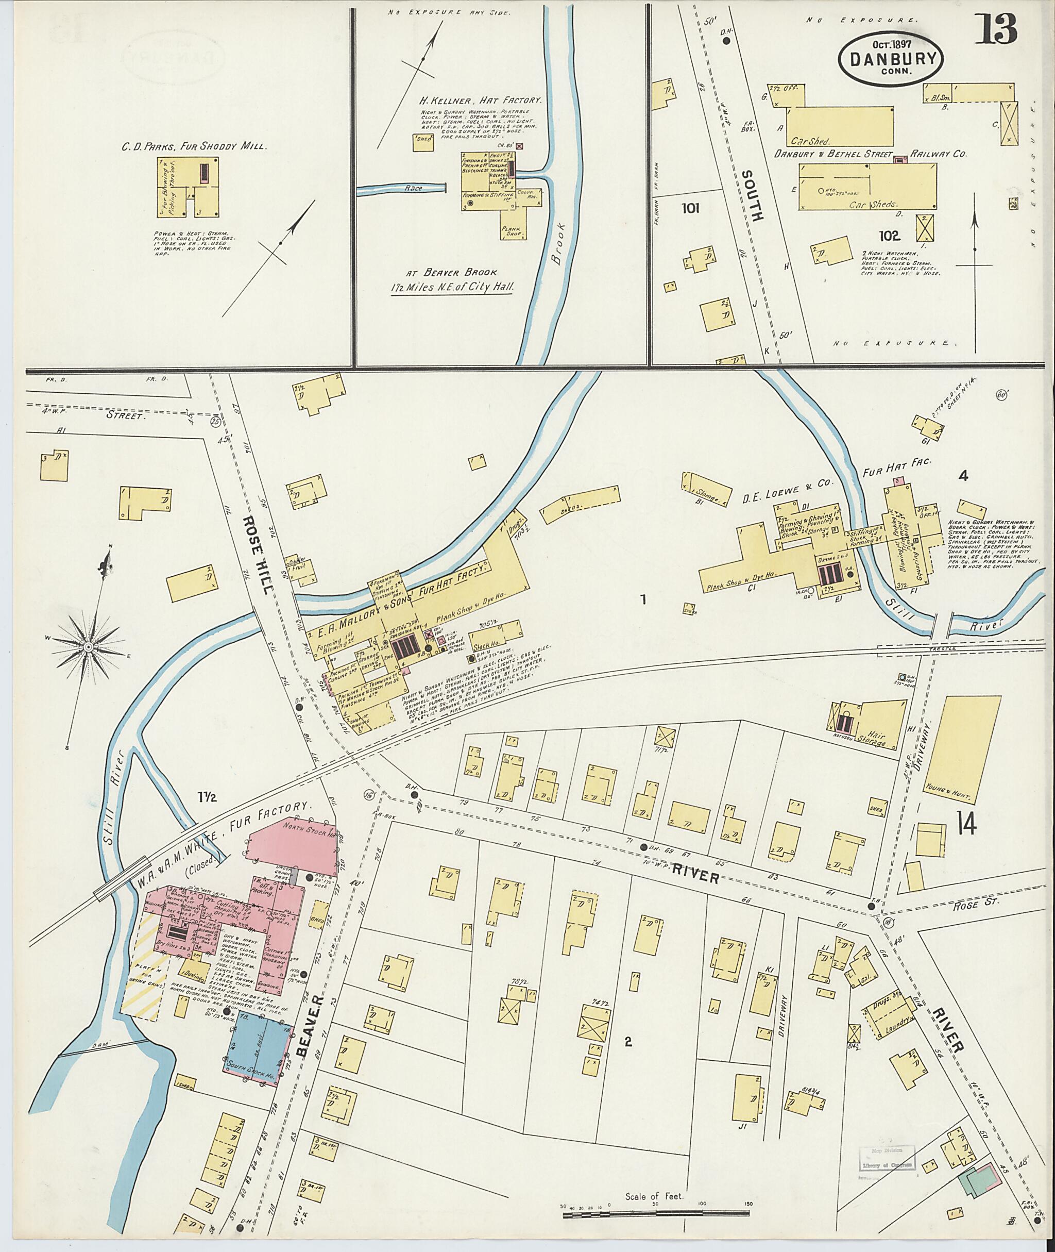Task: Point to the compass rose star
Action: click(88, 647)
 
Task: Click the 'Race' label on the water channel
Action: click(413, 189)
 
